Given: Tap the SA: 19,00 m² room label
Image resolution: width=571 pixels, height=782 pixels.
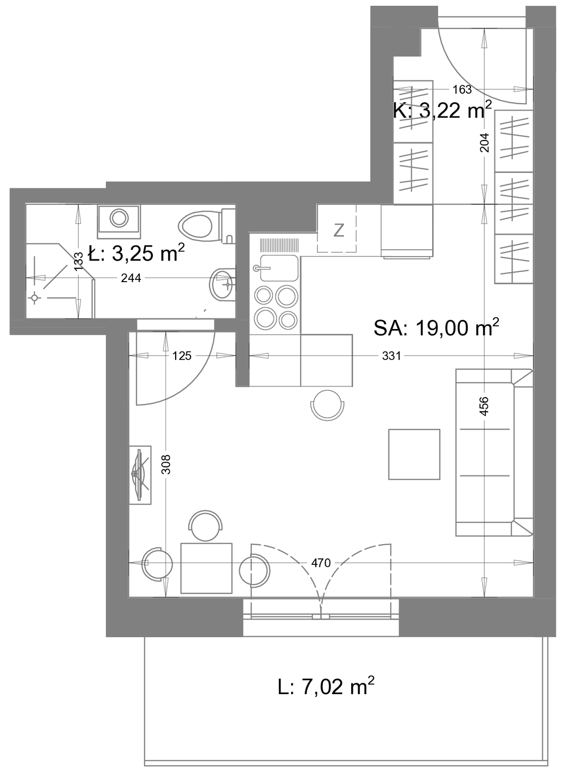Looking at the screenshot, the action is click(x=436, y=328).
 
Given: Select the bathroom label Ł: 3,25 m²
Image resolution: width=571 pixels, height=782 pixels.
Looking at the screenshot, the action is click(x=136, y=253).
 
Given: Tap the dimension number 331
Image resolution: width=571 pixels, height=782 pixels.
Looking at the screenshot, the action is click(x=391, y=356).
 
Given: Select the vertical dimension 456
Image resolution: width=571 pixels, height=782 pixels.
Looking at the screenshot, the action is click(x=484, y=406).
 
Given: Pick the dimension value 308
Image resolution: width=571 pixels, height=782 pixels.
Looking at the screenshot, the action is click(x=167, y=464).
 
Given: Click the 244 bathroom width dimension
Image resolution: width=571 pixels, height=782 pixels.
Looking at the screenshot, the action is click(x=131, y=278).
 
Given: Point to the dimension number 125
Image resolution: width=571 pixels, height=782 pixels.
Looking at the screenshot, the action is click(x=182, y=356).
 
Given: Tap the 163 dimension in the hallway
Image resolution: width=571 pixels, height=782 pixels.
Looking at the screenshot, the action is click(x=462, y=90).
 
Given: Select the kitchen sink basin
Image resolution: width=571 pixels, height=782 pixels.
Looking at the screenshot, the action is click(x=279, y=268).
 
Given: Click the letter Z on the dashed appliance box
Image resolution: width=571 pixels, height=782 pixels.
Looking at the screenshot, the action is click(x=338, y=231).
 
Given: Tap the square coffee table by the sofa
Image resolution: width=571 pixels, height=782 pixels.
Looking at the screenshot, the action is click(x=414, y=454).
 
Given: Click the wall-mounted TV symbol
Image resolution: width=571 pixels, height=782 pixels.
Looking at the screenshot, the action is click(x=140, y=475).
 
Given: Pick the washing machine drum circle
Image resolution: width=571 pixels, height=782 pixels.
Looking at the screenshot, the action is click(x=119, y=218).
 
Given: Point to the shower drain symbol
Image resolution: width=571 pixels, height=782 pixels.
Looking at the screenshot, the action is click(x=34, y=298).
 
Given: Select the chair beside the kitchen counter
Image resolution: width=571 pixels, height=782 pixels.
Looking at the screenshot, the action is click(x=328, y=405).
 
